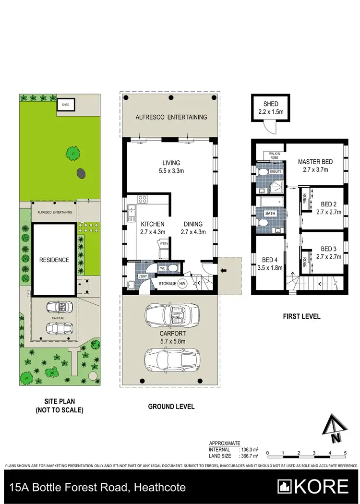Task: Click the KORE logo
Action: pyautogui.click(x=314, y=486)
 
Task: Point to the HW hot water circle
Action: pyautogui.click(x=182, y=284)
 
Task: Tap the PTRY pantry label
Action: pyautogui.click(x=164, y=244)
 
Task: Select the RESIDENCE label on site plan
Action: pyautogui.click(x=54, y=260)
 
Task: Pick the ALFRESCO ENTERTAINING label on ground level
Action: pyautogui.click(x=171, y=117)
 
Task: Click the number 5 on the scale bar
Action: pyautogui.click(x=345, y=453)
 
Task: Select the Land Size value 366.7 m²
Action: pyautogui.click(x=249, y=456)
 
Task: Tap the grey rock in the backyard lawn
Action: pyautogui.click(x=80, y=173)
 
